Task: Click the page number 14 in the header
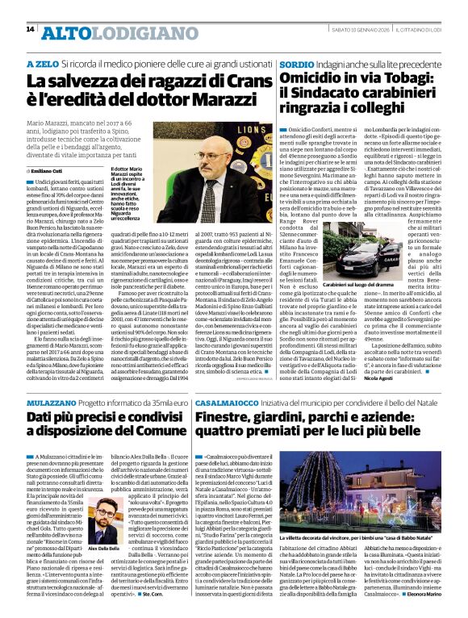click(30, 30)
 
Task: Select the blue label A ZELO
click(42, 63)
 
